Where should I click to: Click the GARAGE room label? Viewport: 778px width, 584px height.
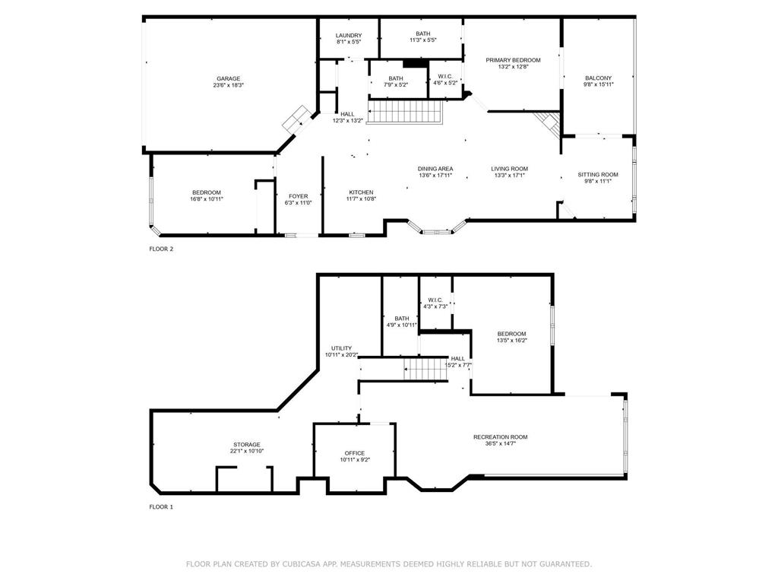(228, 78)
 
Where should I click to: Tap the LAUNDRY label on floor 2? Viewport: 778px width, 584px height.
(349, 36)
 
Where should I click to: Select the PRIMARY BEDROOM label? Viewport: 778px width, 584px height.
(513, 60)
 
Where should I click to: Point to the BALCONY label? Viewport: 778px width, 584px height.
(598, 78)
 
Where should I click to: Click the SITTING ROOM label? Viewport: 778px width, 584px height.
(598, 174)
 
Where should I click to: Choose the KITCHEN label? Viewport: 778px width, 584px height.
(361, 192)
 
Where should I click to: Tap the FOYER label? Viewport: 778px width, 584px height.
(298, 196)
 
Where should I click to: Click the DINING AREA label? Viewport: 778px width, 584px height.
(435, 169)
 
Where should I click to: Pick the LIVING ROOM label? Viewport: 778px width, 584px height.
(509, 169)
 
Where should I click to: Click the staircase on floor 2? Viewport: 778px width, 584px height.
(405, 113)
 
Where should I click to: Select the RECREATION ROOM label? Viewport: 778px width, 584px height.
(500, 437)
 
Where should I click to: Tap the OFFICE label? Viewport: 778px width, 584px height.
(355, 453)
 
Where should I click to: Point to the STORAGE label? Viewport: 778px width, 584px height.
(246, 445)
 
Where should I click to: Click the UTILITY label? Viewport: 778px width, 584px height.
(341, 348)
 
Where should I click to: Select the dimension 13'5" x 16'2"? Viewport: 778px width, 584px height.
(511, 341)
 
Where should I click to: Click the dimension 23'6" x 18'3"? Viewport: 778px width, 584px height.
(228, 85)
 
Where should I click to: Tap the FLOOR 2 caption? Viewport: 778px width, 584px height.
(161, 249)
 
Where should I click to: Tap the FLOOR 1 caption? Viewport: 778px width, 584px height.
(161, 506)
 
